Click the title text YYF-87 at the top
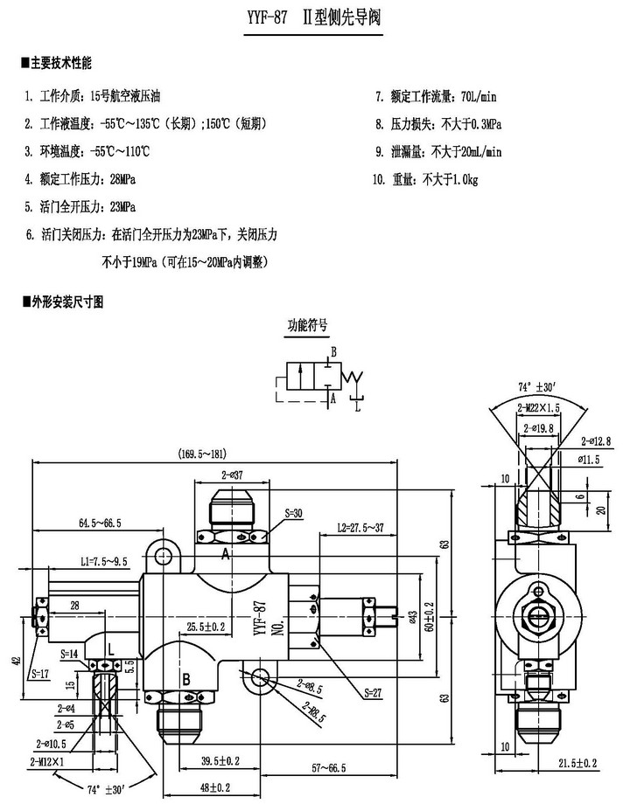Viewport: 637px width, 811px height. coord(269,17)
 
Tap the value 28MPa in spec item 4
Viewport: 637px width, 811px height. coord(120,179)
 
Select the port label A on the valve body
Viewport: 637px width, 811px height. coord(225,553)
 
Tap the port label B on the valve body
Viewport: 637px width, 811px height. coord(185,678)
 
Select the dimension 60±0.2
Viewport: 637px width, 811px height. coord(429,615)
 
